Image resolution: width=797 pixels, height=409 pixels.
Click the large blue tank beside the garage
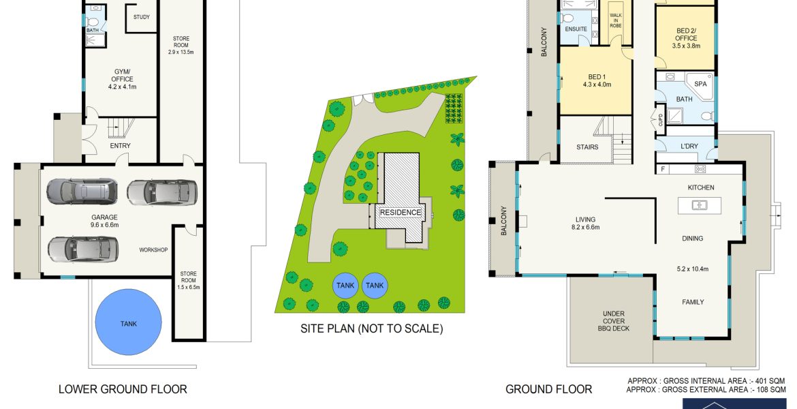(x=129, y=322)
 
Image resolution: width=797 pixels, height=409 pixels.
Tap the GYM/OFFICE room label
(x=122, y=75)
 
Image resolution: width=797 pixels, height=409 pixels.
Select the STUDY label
(x=141, y=17)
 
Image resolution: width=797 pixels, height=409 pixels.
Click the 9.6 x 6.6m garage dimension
(x=104, y=224)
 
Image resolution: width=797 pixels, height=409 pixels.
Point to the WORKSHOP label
(x=153, y=249)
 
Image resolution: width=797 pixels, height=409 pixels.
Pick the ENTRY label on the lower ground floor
(x=121, y=146)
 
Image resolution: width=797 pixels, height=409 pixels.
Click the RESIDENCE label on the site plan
(x=401, y=212)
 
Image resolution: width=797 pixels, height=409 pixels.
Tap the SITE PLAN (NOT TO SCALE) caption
(x=371, y=329)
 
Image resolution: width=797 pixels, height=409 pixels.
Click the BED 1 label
(x=597, y=77)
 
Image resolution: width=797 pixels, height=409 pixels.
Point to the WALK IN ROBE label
(x=616, y=20)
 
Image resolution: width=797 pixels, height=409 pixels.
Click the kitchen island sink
(x=700, y=205)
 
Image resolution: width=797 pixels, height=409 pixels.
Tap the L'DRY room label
(x=689, y=147)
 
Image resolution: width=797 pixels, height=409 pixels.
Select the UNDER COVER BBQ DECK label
(x=614, y=321)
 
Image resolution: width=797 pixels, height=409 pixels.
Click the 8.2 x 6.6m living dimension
(x=586, y=228)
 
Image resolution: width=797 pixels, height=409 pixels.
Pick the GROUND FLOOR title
(x=548, y=390)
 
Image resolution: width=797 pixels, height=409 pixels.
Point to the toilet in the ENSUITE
(x=567, y=19)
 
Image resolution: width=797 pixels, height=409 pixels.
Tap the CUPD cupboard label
(x=661, y=119)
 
